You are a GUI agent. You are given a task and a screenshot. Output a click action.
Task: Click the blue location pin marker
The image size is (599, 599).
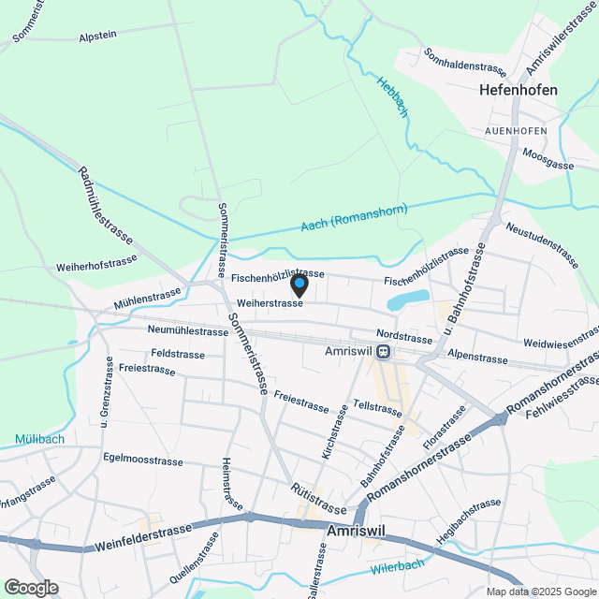[299, 284]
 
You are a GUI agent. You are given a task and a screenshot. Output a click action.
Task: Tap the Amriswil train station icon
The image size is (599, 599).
[384, 352]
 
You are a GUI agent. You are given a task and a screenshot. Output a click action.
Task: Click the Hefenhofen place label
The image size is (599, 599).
[518, 91]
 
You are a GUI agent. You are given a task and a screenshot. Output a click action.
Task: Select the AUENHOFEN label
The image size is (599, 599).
[516, 130]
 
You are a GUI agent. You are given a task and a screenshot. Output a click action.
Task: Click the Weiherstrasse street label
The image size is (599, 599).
[270, 303]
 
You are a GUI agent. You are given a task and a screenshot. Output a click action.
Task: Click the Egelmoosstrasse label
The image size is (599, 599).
[142, 460]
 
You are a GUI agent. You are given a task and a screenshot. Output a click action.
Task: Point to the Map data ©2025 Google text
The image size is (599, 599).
[540, 592]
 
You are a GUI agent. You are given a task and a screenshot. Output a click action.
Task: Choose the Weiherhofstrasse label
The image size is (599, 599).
[97, 267]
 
